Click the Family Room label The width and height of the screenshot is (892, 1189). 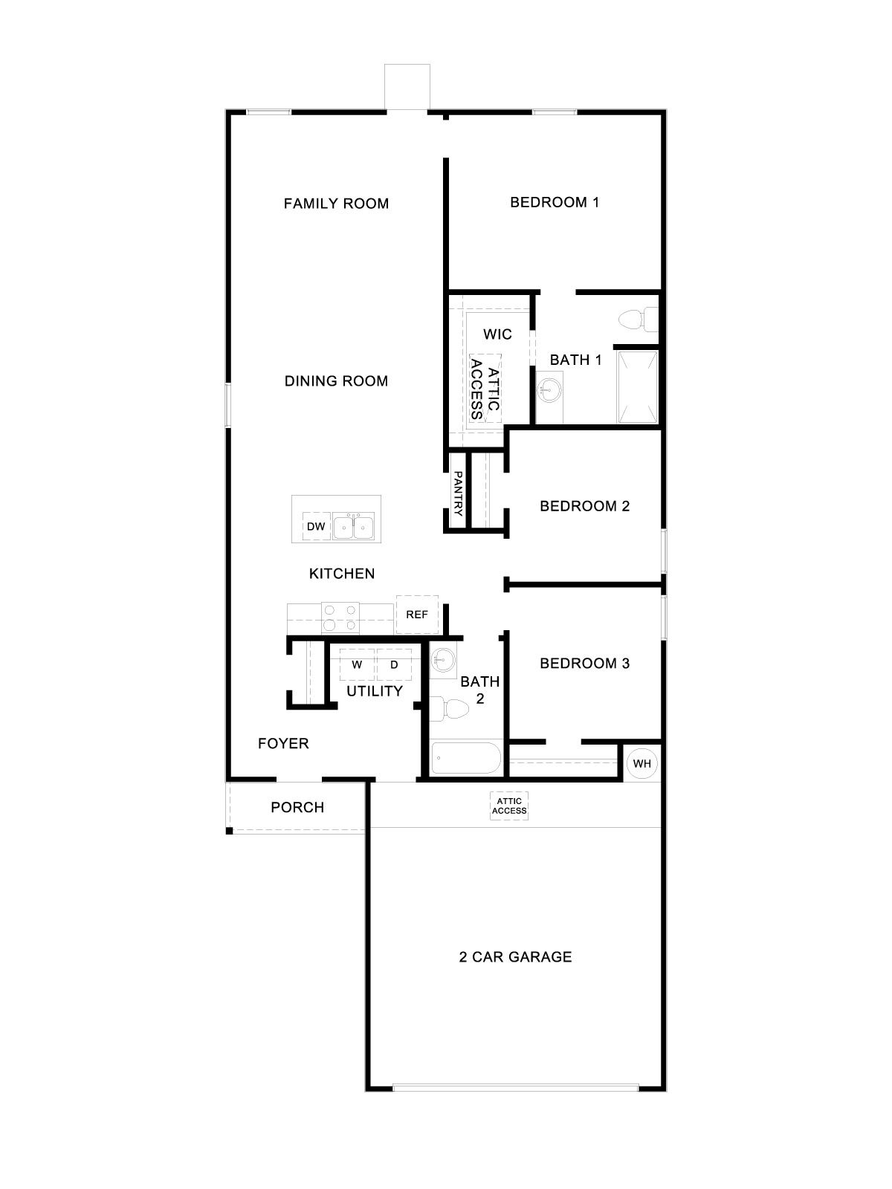(336, 204)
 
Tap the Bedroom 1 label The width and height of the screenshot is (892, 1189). (555, 202)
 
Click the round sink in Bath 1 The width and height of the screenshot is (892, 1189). (549, 387)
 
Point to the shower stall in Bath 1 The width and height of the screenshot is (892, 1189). (637, 386)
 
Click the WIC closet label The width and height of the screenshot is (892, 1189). (497, 334)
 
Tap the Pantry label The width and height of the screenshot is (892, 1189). (458, 494)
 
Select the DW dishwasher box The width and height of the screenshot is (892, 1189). (316, 526)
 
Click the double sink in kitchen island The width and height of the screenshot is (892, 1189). (353, 527)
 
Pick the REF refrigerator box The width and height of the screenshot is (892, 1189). (417, 615)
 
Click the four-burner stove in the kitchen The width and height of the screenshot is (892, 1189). (340, 617)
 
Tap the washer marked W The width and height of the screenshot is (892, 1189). (357, 664)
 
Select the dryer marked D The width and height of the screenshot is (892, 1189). (394, 664)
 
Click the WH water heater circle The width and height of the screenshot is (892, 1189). (641, 763)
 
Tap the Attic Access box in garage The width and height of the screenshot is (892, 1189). (509, 806)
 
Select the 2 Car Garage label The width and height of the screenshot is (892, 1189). (515, 957)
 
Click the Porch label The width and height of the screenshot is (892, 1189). (297, 807)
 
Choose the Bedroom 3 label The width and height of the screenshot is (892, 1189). (584, 664)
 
